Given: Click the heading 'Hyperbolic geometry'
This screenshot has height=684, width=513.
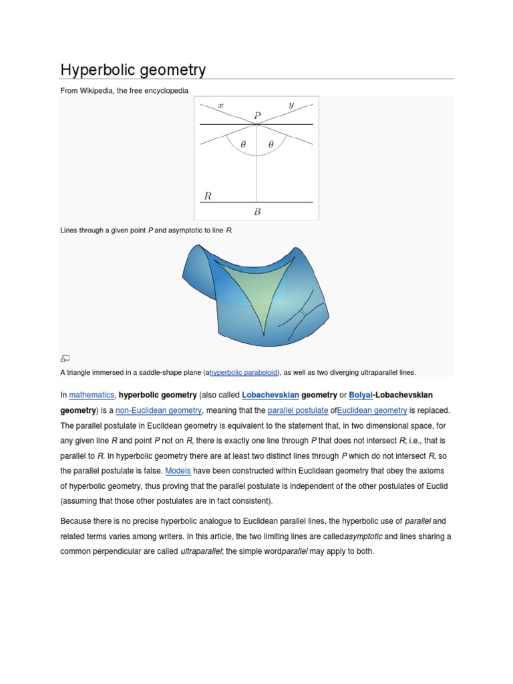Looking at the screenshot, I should coord(133,69).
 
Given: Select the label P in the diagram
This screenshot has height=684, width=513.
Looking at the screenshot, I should coord(257,116).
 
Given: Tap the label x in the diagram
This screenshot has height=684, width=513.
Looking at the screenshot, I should coord(220,105).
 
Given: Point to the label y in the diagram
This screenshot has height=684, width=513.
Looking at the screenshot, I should coord(291,105).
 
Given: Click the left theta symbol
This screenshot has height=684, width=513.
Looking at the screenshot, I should coord(243,144).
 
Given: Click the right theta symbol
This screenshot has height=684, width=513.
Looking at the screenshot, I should coord(271,144).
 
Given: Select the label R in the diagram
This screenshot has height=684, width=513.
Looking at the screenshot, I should coord(208,196).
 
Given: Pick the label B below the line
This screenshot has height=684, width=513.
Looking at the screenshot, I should coord(256,212).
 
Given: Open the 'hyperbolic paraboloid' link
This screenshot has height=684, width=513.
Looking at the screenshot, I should coord(244,372).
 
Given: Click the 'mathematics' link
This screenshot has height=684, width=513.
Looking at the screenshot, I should coord(92,395).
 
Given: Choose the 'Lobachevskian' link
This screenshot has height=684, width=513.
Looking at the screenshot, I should coord(270,395).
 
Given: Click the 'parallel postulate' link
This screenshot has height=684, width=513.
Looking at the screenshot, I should coord(297,410).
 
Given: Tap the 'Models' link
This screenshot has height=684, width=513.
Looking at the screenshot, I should coord(178,471).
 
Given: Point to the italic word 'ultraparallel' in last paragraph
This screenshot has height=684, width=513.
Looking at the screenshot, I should coord(202,551).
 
